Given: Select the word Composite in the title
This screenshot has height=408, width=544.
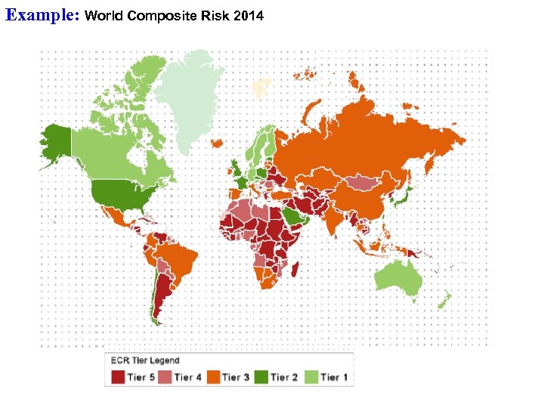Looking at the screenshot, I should click(159, 15).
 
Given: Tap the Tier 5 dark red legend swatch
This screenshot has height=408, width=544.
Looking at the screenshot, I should click(118, 376).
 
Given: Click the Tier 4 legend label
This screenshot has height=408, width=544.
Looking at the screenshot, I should click(188, 376).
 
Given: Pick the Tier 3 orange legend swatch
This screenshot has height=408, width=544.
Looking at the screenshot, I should click(214, 376).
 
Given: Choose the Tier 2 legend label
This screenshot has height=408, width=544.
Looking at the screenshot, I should click(284, 376).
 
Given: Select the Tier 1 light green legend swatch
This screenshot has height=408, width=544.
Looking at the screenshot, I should click(311, 376).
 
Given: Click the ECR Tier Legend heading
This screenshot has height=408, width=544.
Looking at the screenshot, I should click(145, 360).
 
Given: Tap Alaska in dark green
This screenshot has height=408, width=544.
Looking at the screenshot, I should click(54, 144).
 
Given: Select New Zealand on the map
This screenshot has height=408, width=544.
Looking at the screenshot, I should click(445, 301).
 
